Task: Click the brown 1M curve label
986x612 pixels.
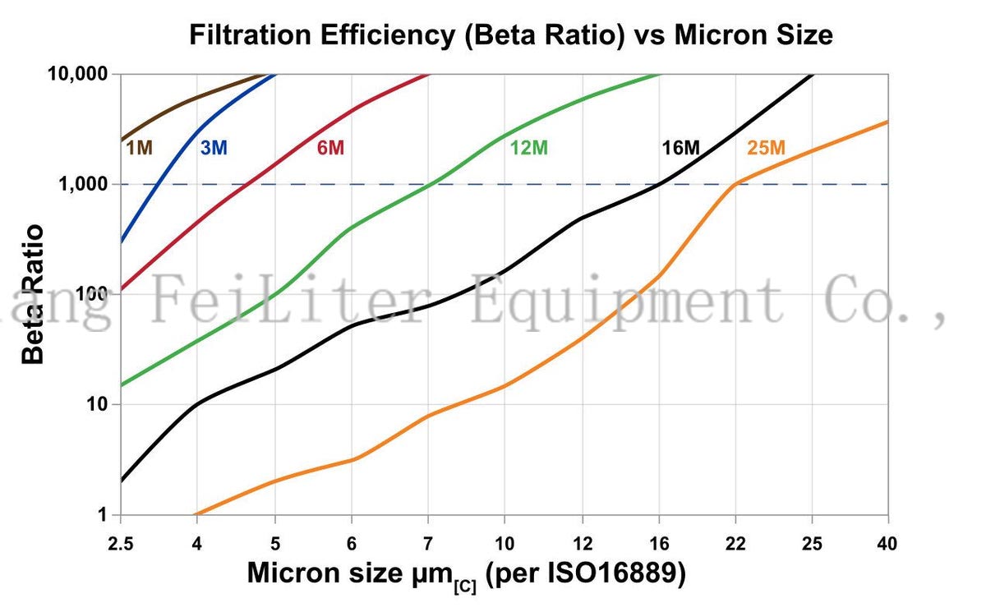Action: tap(139, 148)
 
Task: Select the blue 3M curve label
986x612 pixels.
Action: tap(214, 148)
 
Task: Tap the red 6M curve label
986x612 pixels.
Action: tap(330, 148)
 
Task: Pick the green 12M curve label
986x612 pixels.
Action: tap(528, 148)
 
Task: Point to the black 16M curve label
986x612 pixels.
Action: tap(680, 148)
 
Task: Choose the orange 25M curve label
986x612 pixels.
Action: tap(766, 148)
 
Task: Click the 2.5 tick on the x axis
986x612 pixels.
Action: tap(121, 545)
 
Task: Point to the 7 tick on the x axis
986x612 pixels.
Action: tap(427, 545)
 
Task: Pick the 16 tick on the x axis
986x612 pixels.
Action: tap(658, 545)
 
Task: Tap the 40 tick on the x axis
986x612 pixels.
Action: tap(888, 545)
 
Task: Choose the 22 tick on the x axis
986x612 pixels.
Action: tap(735, 545)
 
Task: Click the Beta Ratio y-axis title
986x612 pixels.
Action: tap(33, 294)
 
